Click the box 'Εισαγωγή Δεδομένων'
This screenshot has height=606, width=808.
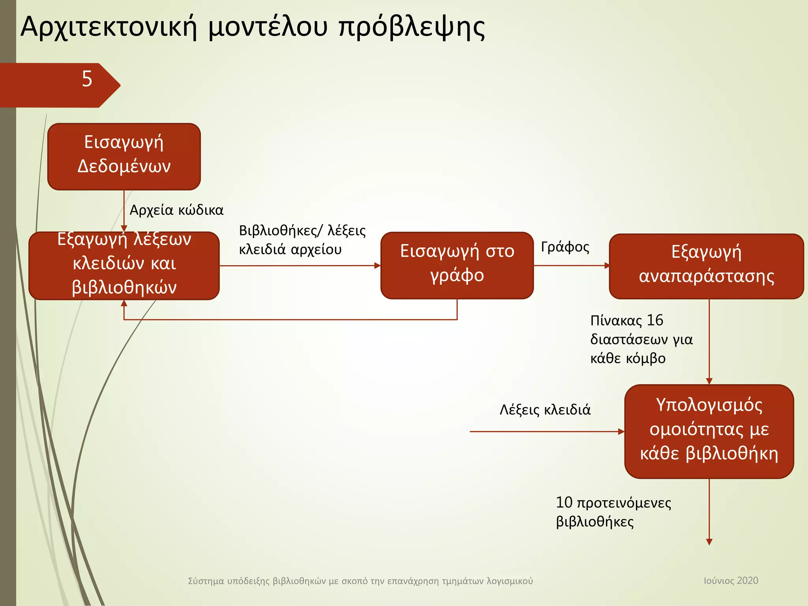point(124,157)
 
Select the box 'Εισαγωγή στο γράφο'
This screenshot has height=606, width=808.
point(457,265)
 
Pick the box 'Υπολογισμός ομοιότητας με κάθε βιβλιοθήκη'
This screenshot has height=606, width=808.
point(709,431)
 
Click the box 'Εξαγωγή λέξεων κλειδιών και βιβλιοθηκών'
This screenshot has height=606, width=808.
point(124,266)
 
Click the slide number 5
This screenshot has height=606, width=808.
point(87,79)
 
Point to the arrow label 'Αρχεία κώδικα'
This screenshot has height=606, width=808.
point(176,210)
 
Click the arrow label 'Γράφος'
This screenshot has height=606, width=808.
point(565,247)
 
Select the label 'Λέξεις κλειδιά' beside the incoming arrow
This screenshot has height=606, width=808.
point(545,410)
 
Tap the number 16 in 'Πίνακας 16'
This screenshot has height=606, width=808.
point(655,320)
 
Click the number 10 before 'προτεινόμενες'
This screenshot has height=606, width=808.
point(564,503)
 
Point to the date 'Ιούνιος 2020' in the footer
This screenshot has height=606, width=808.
point(731,580)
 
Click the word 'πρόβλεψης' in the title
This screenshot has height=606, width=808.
point(412,28)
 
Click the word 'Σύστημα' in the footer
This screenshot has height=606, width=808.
point(206,581)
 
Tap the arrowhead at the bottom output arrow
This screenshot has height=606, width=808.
point(709,542)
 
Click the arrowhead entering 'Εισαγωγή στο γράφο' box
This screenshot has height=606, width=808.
point(378,266)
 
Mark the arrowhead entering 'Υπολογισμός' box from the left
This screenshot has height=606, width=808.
point(621,432)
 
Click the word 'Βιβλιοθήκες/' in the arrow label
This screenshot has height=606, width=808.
point(281,231)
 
